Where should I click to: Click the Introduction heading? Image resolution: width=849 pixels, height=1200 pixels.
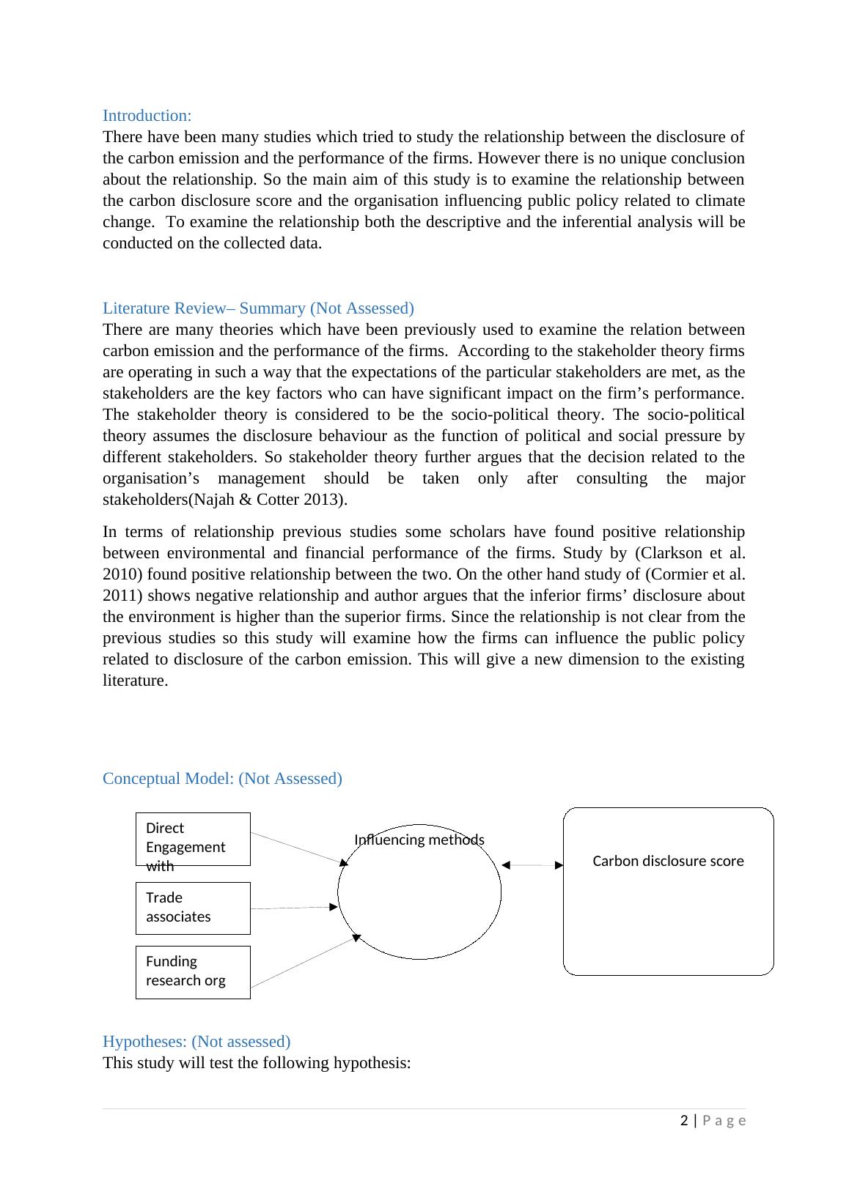[147, 116]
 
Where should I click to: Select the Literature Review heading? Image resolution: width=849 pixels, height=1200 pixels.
[258, 308]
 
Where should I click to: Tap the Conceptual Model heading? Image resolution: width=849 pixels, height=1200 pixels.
[222, 778]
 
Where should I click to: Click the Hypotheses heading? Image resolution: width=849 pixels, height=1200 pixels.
[196, 1041]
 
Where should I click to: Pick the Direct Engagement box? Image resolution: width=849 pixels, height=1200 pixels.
[193, 839]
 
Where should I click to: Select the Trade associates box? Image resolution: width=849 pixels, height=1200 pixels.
[193, 908]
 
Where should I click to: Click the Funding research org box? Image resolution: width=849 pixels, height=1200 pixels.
[193, 971]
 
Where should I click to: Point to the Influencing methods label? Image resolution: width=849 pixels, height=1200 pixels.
[419, 840]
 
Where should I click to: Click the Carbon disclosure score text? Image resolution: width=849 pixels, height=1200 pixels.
[668, 861]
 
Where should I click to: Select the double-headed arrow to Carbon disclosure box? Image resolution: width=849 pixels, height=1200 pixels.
[532, 865]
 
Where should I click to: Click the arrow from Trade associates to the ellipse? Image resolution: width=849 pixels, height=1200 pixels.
[293, 908]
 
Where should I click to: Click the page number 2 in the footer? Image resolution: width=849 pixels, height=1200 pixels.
[684, 1120]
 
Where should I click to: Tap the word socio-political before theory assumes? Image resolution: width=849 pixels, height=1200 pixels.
[697, 415]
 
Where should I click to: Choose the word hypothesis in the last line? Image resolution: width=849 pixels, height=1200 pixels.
[372, 1062]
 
